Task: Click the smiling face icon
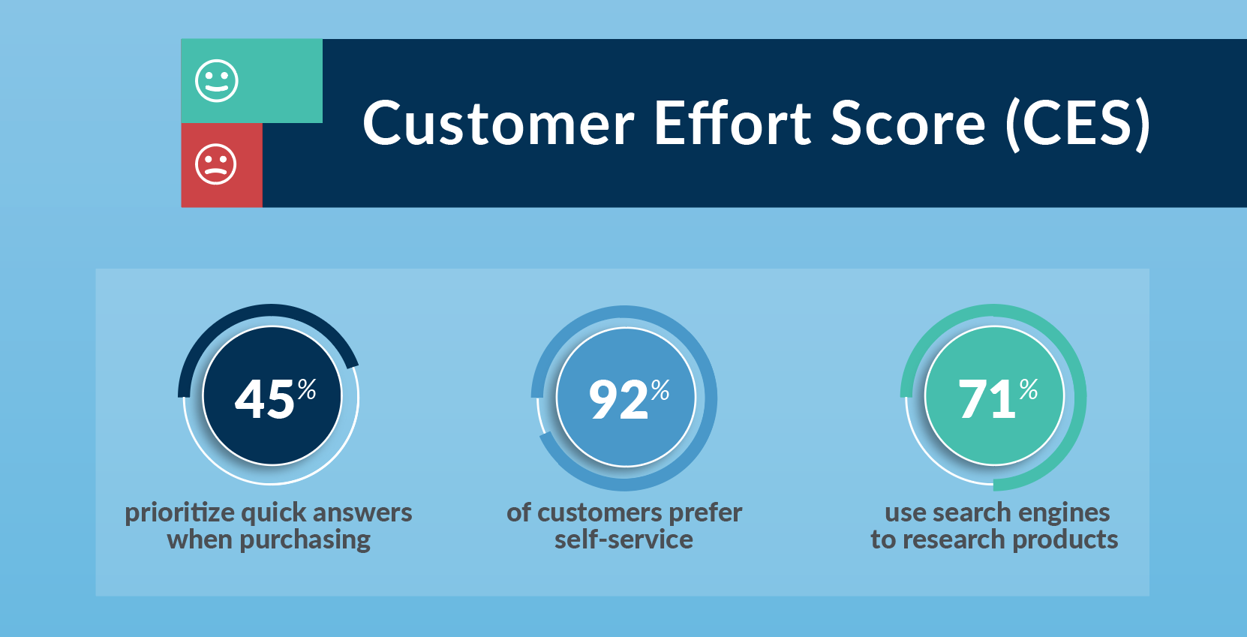pos(217,81)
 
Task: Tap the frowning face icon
pos(216,164)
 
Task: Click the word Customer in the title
pos(498,124)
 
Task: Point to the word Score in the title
pos(908,124)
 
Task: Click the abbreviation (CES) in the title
pos(1077,124)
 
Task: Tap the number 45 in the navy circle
pos(264,399)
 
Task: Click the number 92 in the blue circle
pos(618,399)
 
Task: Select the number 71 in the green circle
pos(987,399)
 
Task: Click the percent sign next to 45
pos(307,389)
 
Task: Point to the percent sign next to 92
pos(660,389)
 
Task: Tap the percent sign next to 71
pos(1029,389)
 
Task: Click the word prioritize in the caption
pos(180,513)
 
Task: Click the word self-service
pos(623,539)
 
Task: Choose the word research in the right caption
pos(954,540)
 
